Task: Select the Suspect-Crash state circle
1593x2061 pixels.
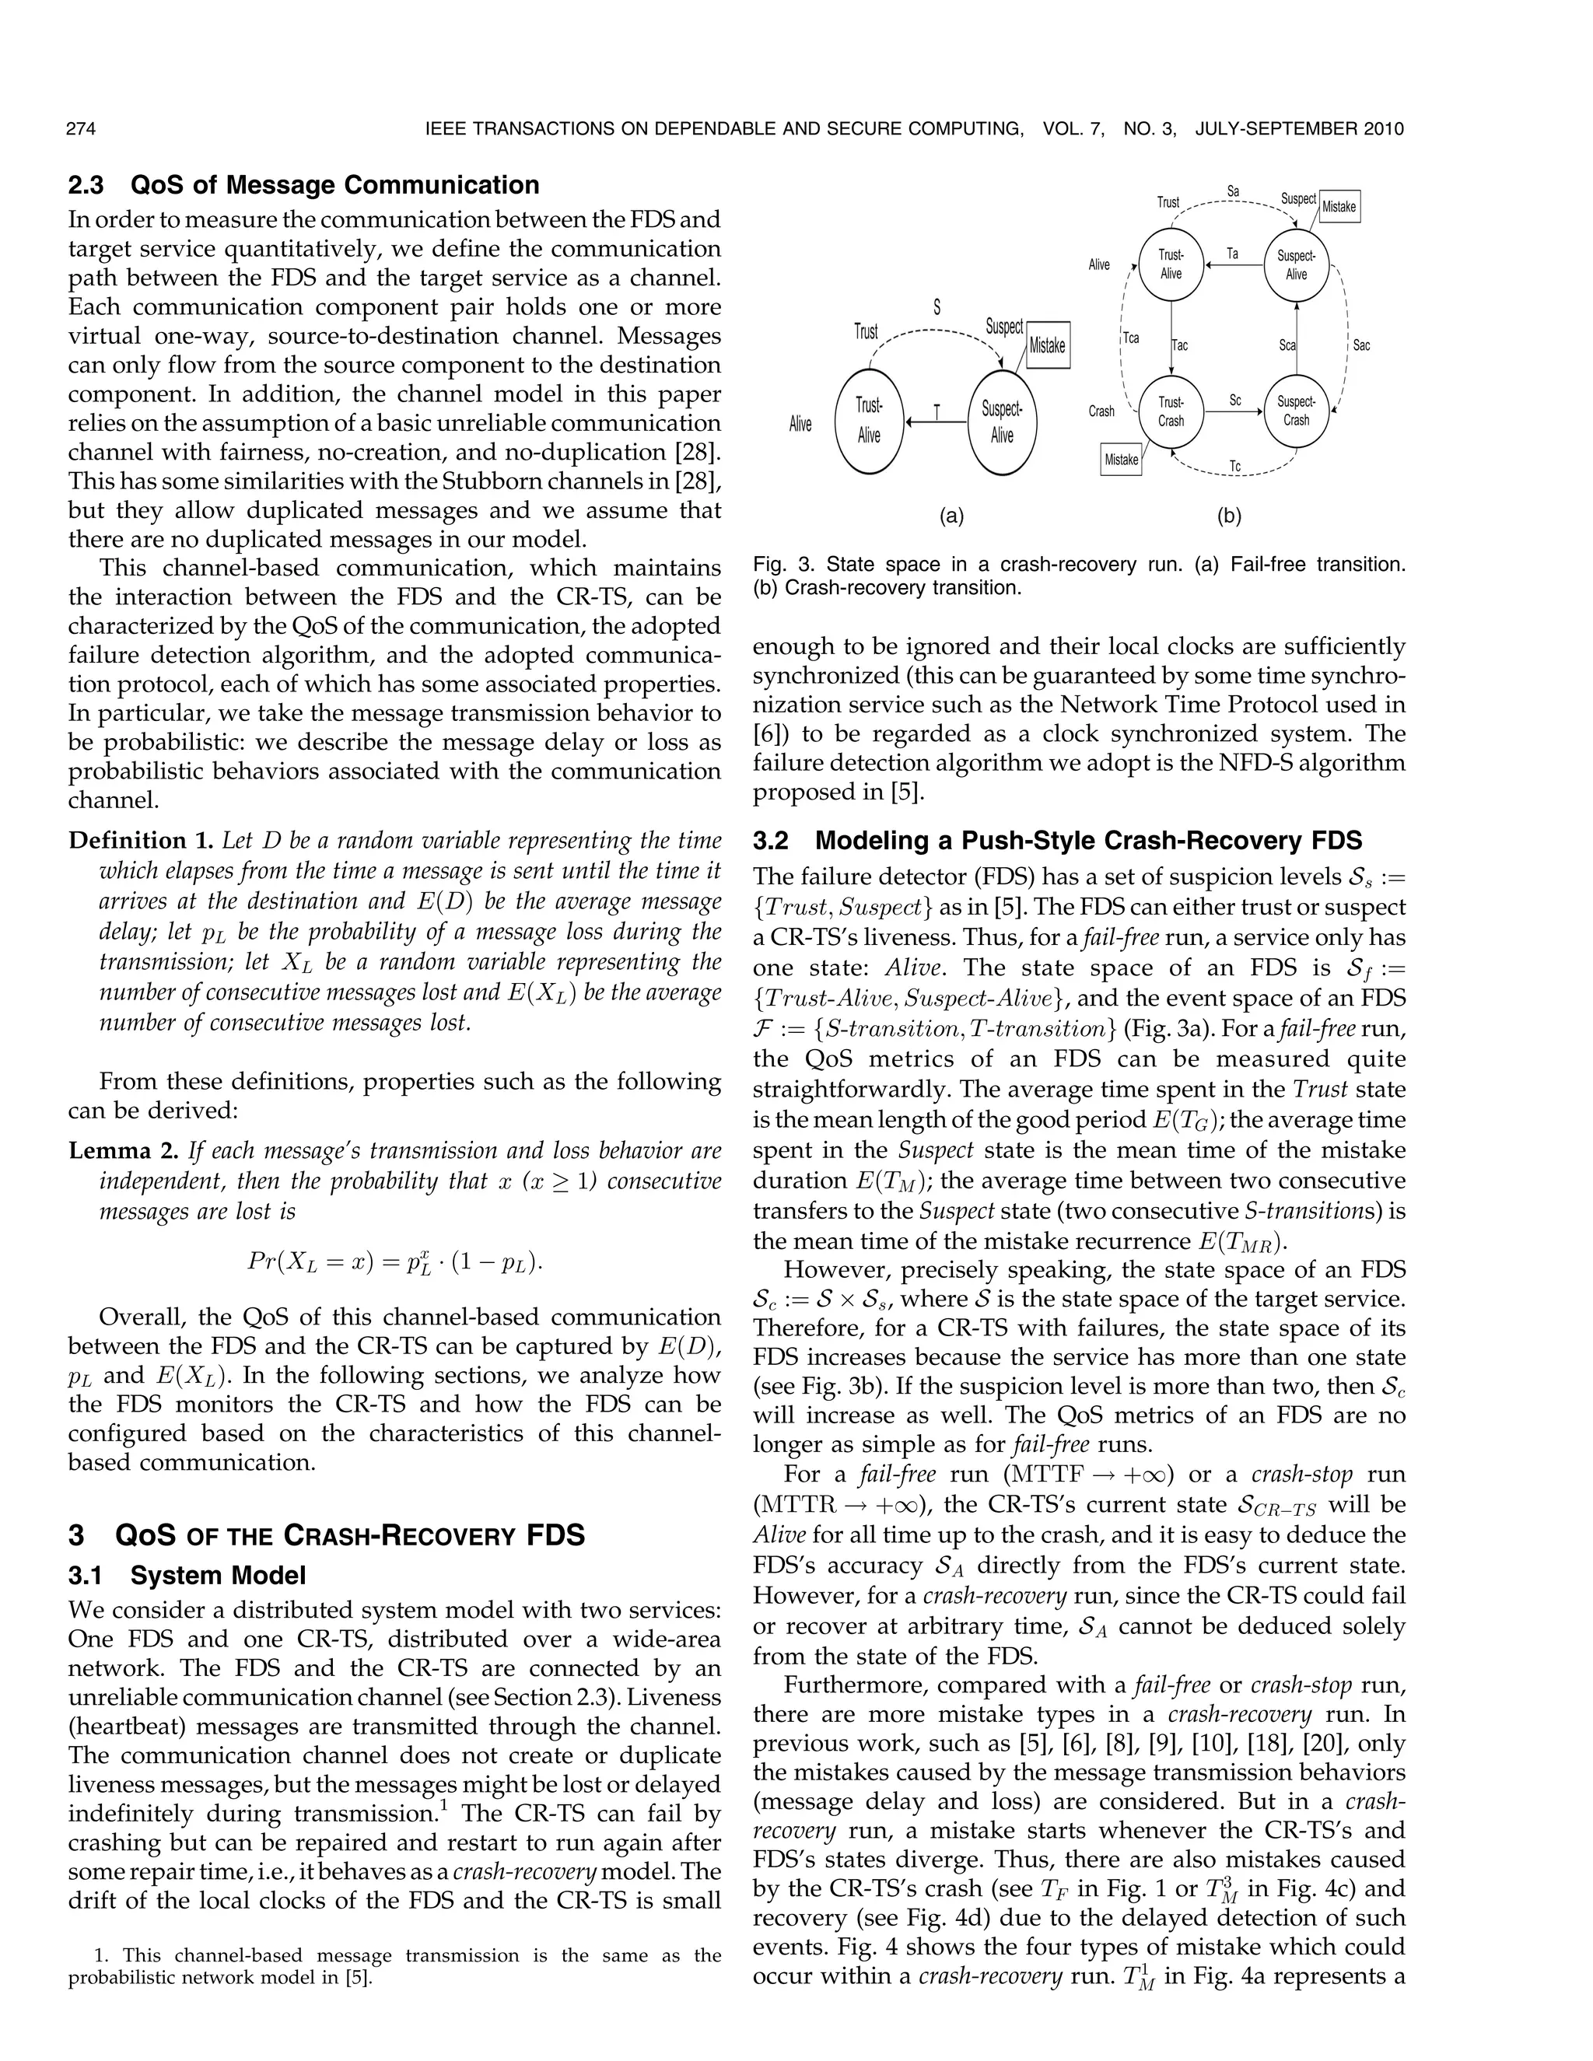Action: pyautogui.click(x=1296, y=411)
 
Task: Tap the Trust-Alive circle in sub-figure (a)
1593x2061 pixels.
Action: pyautogui.click(x=869, y=421)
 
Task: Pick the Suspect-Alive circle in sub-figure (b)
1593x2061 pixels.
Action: pyautogui.click(x=1296, y=265)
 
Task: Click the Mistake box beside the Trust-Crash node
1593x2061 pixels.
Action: pyautogui.click(x=1121, y=460)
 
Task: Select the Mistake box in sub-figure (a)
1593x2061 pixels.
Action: pyautogui.click(x=1047, y=345)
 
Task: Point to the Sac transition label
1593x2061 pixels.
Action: pyautogui.click(x=1361, y=345)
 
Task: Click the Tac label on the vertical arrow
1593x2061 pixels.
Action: pyautogui.click(x=1180, y=345)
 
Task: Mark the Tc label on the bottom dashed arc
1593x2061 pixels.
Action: pyautogui.click(x=1234, y=466)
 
